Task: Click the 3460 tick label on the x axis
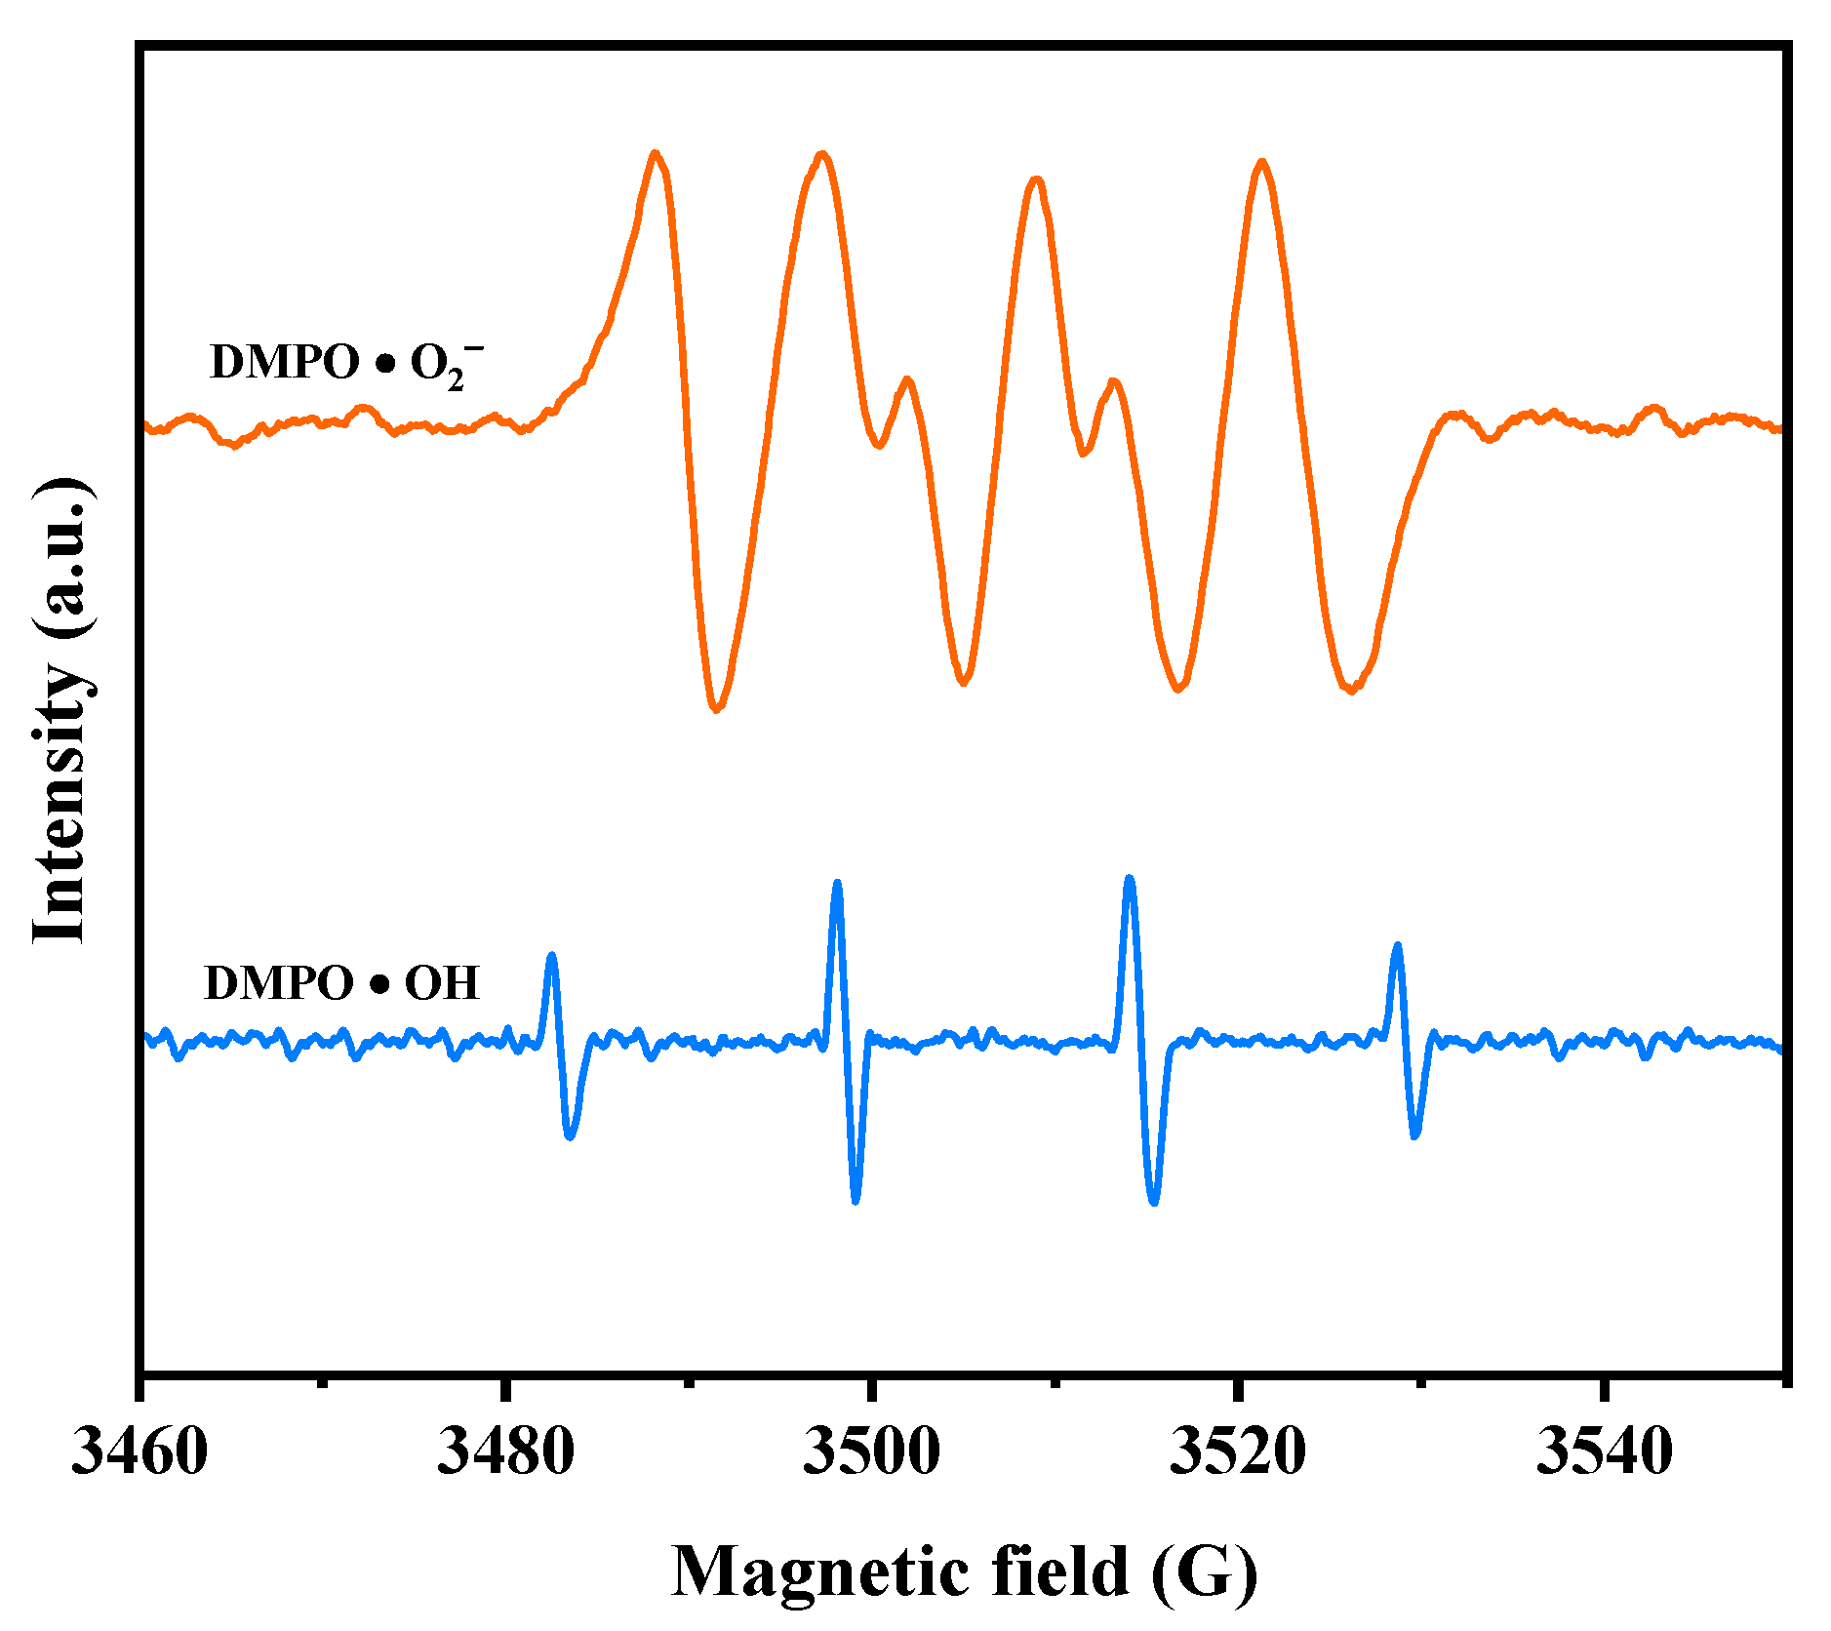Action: point(139,1451)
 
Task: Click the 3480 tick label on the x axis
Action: point(505,1451)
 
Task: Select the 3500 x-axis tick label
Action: point(871,1451)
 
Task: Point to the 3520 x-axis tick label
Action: point(1237,1451)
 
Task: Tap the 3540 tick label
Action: point(1603,1451)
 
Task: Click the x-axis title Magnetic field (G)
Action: point(964,1572)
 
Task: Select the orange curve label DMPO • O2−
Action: point(345,364)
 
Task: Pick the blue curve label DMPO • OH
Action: point(341,982)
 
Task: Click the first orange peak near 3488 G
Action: point(656,154)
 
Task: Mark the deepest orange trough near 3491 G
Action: point(716,708)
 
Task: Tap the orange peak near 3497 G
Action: point(823,154)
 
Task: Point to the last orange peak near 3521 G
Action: point(1262,162)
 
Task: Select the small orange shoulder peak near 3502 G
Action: point(907,379)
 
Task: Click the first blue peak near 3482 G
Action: point(551,956)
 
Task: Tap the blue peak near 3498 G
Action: point(836,883)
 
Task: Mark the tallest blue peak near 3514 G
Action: point(1130,878)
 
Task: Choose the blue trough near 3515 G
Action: point(1154,1202)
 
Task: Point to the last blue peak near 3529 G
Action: point(1397,945)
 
